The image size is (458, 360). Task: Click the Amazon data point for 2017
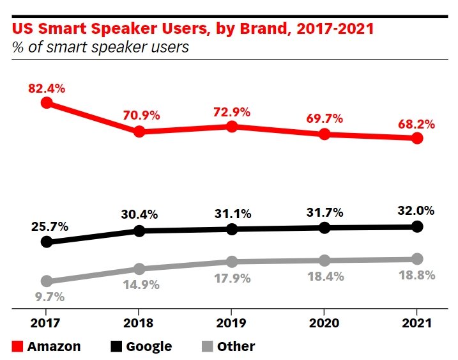(46, 102)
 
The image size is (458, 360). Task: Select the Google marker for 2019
(232, 229)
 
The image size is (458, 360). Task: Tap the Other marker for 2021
(417, 259)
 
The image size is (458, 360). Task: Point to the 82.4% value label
(47, 89)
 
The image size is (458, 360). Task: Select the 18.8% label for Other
(417, 276)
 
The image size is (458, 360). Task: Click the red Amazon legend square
(18, 347)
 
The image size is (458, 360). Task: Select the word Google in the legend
(149, 347)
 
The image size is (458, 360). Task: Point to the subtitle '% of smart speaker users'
(100, 47)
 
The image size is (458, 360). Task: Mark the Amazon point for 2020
(324, 134)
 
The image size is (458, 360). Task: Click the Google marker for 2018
(139, 231)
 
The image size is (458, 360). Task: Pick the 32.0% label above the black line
(417, 210)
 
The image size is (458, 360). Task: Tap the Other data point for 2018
(139, 269)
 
